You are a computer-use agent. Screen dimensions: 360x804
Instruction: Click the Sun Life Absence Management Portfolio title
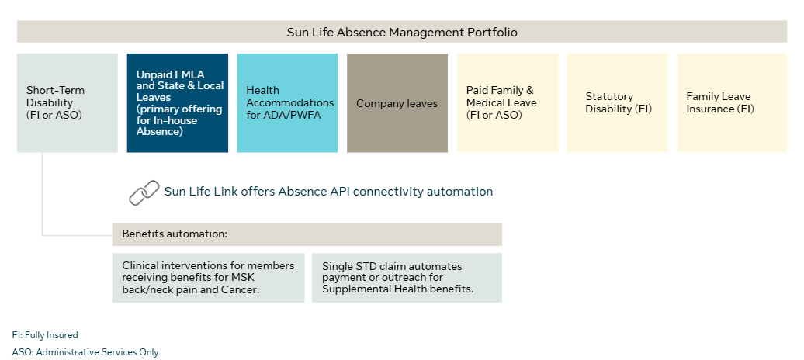(x=401, y=32)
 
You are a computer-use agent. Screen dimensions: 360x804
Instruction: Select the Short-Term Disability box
(x=67, y=102)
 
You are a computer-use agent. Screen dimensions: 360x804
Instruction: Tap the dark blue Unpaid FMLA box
(x=178, y=102)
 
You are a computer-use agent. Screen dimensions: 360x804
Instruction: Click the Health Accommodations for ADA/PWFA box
(x=287, y=102)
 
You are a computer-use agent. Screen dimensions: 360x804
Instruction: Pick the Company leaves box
(x=397, y=102)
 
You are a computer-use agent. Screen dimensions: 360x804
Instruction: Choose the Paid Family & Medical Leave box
(x=508, y=102)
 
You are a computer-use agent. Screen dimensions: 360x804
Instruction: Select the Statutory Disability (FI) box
(x=618, y=102)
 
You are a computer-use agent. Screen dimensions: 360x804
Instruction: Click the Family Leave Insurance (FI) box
(x=732, y=102)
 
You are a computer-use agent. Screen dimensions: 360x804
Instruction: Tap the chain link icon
(x=144, y=192)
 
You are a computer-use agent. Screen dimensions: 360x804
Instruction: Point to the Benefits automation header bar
(x=307, y=234)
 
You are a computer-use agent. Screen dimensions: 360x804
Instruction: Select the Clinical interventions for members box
(x=208, y=277)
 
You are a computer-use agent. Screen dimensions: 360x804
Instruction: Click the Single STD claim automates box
(x=407, y=277)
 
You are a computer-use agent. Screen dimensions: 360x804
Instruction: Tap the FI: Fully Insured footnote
(x=45, y=335)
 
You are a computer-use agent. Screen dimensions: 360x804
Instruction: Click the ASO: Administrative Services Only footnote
(x=85, y=352)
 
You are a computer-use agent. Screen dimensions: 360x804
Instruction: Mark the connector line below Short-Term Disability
(x=43, y=194)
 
